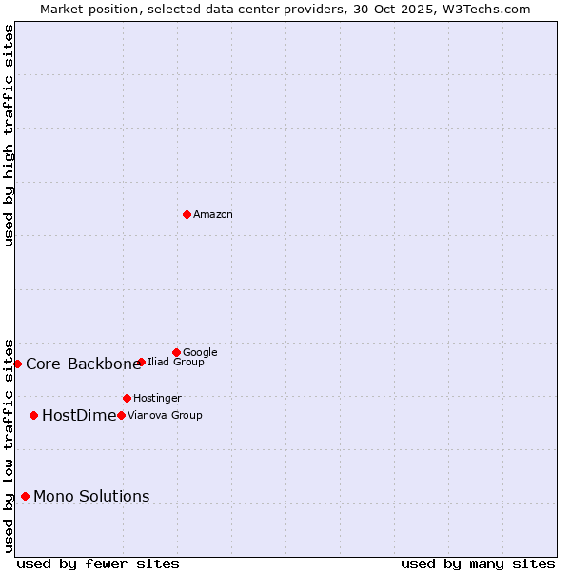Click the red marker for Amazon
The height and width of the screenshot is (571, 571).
point(187,214)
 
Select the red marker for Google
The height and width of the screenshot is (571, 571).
point(176,352)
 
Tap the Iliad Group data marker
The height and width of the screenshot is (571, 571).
point(141,362)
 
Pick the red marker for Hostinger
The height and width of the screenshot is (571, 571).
point(127,398)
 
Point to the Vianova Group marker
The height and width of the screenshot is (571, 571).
point(121,415)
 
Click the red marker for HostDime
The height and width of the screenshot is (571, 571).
point(33,415)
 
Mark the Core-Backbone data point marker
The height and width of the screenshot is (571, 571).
point(17,364)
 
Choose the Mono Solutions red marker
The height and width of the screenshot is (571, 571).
point(25,496)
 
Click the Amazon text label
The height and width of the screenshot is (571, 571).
point(213,215)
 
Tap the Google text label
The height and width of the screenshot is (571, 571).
point(200,353)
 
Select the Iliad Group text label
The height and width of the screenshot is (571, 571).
point(176,363)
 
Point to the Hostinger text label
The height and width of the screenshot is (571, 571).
point(157,399)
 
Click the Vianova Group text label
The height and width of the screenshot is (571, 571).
point(165,416)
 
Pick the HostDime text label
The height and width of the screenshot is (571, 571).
point(79,415)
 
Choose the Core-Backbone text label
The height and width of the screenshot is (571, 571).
point(83,364)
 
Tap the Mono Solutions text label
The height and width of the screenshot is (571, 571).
point(91,496)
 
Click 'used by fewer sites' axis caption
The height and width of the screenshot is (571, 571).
point(98,563)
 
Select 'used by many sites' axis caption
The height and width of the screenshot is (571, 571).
point(478,563)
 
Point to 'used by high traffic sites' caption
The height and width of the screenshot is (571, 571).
point(9,135)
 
